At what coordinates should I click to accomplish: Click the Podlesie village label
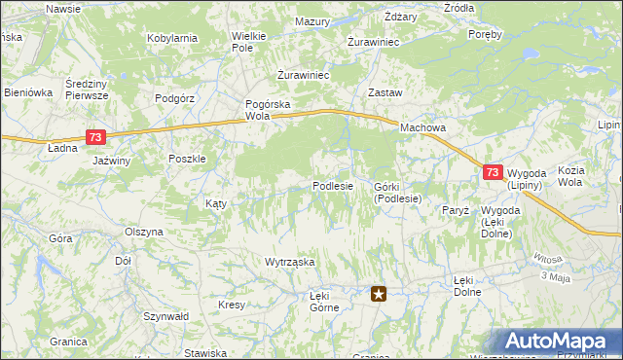pyautogui.click(x=332, y=186)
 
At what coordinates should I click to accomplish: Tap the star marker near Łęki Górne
pyautogui.click(x=380, y=292)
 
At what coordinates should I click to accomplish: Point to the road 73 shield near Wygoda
pyautogui.click(x=493, y=172)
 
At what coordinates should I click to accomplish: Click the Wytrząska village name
pyautogui.click(x=290, y=262)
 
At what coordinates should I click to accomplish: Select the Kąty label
pyautogui.click(x=216, y=203)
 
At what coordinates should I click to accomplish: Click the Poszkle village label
pyautogui.click(x=186, y=160)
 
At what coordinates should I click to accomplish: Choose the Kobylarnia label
pyautogui.click(x=172, y=38)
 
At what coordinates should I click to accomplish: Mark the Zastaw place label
pyautogui.click(x=385, y=92)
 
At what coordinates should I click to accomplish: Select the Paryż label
pyautogui.click(x=456, y=210)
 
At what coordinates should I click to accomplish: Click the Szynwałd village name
pyautogui.click(x=165, y=316)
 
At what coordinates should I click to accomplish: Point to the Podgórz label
pyautogui.click(x=176, y=98)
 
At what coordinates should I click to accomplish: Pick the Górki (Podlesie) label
pyautogui.click(x=397, y=192)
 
